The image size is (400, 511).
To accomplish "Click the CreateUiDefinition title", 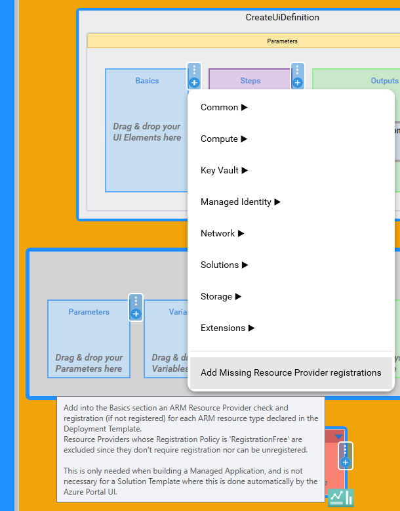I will [x=282, y=18].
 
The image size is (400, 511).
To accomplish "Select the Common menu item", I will [x=224, y=107].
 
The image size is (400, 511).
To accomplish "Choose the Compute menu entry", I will [x=224, y=139].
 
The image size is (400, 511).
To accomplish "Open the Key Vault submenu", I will [x=224, y=170].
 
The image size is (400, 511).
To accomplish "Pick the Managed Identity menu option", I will [x=240, y=202].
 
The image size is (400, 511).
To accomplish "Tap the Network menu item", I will [x=222, y=233].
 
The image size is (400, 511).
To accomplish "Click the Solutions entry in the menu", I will [x=224, y=265].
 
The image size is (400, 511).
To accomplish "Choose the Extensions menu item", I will [x=228, y=328].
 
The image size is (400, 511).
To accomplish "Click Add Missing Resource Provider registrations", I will [x=290, y=372].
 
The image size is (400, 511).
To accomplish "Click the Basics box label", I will [x=147, y=81].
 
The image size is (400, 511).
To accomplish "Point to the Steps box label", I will [x=250, y=81].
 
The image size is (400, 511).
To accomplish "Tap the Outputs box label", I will [x=384, y=81].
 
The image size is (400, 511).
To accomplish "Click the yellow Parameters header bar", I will [x=282, y=41].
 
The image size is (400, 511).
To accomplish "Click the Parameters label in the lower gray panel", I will [x=89, y=312].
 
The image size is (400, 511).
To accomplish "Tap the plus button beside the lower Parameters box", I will [x=136, y=314].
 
